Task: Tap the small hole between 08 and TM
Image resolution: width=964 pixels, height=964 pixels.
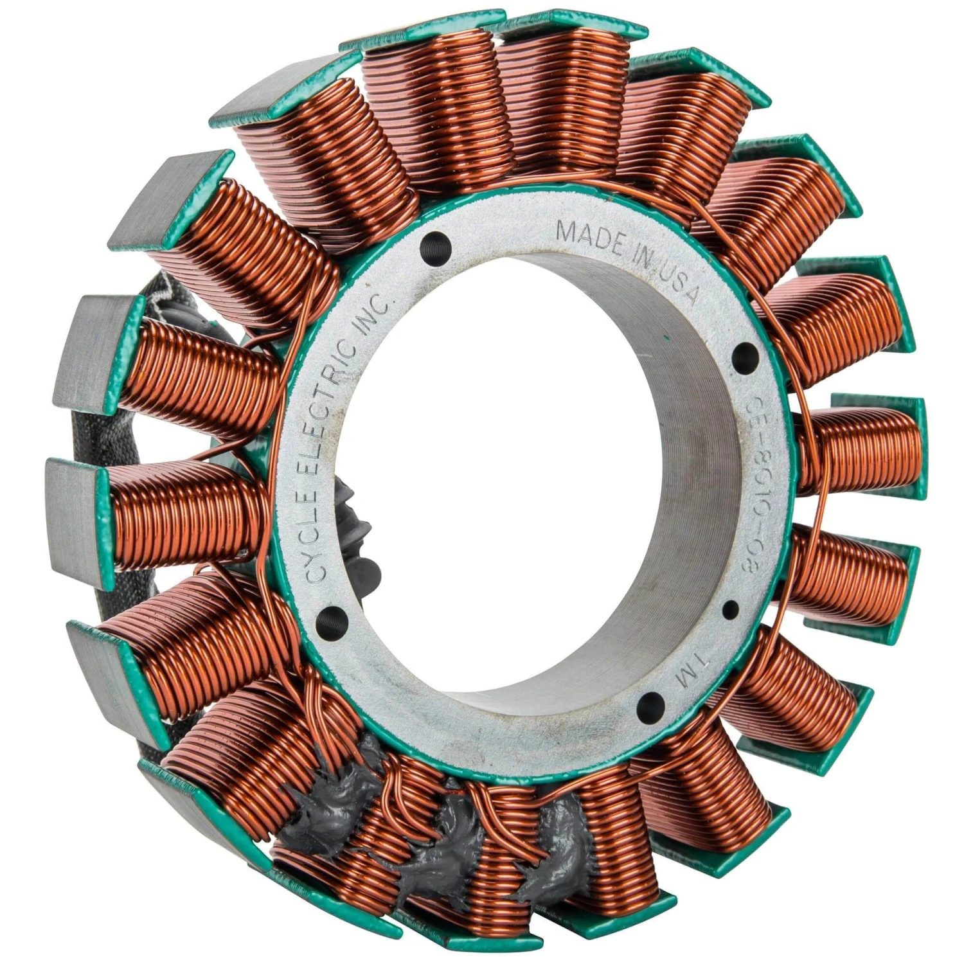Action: (731, 607)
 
